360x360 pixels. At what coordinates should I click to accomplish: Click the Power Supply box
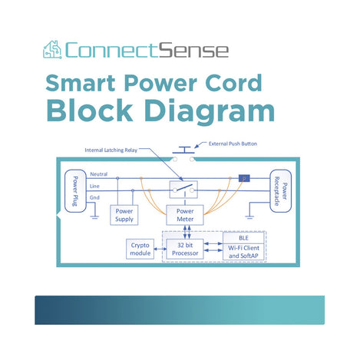(x=125, y=214)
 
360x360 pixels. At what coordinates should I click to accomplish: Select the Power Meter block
(x=184, y=214)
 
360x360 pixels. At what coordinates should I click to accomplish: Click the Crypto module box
(x=140, y=248)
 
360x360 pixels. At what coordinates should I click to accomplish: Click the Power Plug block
(x=75, y=191)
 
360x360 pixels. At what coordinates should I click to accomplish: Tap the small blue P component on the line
(x=244, y=179)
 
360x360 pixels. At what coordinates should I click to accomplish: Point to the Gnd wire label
(x=95, y=197)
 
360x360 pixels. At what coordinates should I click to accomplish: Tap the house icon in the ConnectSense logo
(x=52, y=51)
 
